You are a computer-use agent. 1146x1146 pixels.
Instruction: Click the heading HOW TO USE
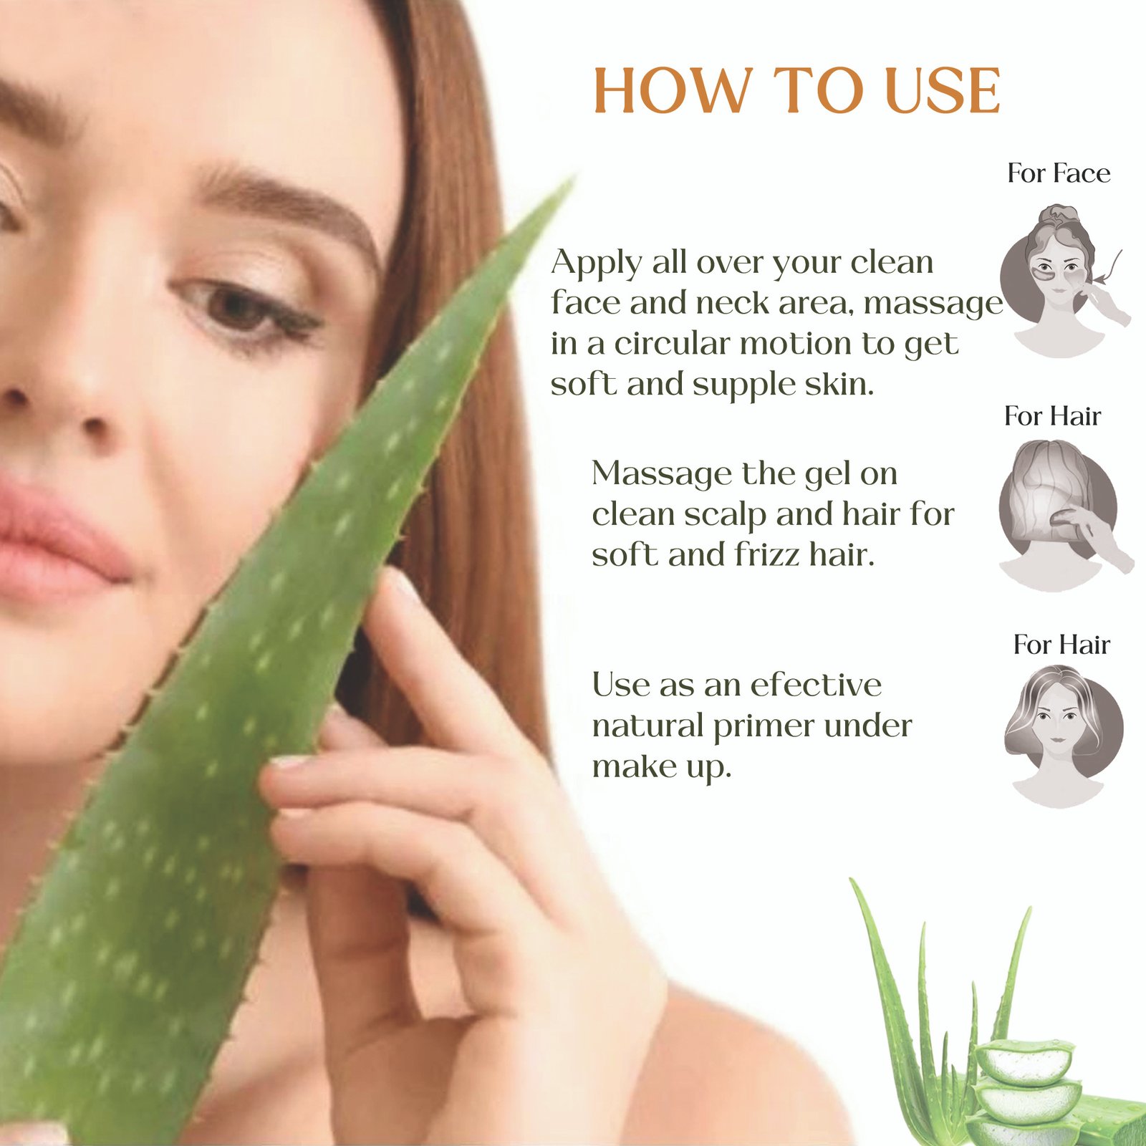797,91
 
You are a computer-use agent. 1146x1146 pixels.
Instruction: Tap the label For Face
1059,173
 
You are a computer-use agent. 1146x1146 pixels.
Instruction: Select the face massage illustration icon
1064,280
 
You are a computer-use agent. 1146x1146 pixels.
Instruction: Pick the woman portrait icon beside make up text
1063,736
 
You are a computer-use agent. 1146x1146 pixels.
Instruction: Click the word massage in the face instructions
933,304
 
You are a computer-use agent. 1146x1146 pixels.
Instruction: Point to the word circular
671,343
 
